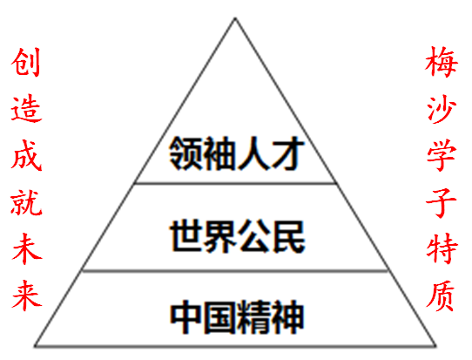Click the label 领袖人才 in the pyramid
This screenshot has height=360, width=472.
pyautogui.click(x=237, y=153)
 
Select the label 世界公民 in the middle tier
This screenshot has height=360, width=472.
pyautogui.click(x=238, y=236)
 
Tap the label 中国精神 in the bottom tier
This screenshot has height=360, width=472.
pyautogui.click(x=237, y=317)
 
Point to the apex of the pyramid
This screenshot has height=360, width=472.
pyautogui.click(x=235, y=18)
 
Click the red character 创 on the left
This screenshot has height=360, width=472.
pyautogui.click(x=25, y=62)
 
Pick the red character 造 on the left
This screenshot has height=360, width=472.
pyautogui.click(x=26, y=108)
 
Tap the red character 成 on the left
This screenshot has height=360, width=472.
pyautogui.click(x=26, y=156)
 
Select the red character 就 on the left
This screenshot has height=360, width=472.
pyautogui.click(x=26, y=202)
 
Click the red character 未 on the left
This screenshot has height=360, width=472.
pyautogui.click(x=27, y=248)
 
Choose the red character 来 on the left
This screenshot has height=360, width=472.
pyautogui.click(x=27, y=295)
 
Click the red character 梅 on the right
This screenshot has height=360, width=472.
pyautogui.click(x=442, y=62)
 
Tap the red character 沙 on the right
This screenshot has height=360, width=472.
pyautogui.click(x=442, y=109)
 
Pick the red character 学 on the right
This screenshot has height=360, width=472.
pyautogui.click(x=442, y=156)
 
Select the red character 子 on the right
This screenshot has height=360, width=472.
pyautogui.click(x=442, y=202)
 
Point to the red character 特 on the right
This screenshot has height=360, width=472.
pyautogui.click(x=442, y=248)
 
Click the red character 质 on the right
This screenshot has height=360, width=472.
pyautogui.click(x=441, y=295)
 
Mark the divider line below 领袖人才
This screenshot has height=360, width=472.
pyautogui.click(x=235, y=183)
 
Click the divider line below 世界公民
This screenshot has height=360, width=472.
pyautogui.click(x=235, y=271)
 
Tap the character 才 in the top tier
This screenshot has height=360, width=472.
pyautogui.click(x=288, y=153)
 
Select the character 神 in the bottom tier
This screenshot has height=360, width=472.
pyautogui.click(x=287, y=317)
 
